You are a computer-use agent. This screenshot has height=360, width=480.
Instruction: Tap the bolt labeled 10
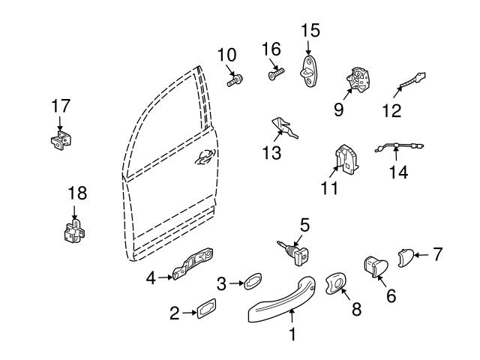(x=235, y=79)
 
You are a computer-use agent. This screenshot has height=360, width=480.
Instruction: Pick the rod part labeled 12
(x=413, y=81)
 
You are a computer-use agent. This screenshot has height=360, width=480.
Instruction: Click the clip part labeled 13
(x=286, y=128)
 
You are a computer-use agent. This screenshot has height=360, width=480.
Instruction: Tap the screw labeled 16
(x=275, y=74)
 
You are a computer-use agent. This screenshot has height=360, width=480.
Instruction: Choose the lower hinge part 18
(x=73, y=232)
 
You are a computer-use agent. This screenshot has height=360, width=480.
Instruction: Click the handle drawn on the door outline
(x=202, y=157)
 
